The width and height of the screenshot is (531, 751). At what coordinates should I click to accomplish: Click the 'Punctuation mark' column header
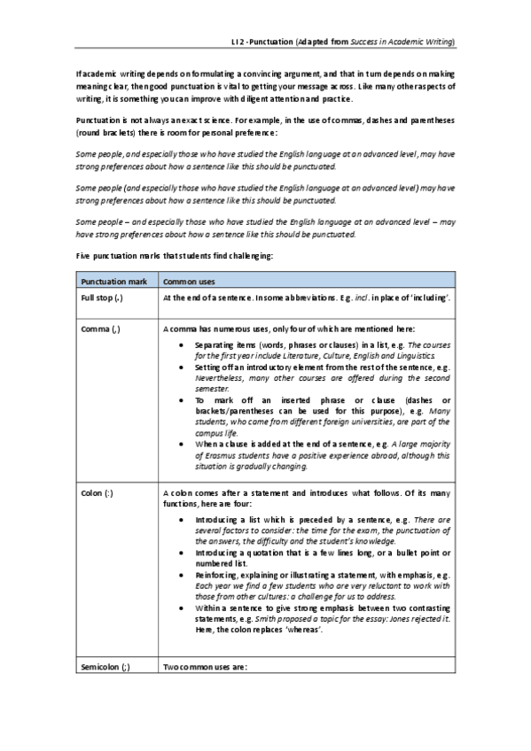coord(111,281)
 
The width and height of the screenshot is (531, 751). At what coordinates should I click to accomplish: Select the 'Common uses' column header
coord(191,281)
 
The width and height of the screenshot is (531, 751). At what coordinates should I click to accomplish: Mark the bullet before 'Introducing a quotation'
coord(182,552)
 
